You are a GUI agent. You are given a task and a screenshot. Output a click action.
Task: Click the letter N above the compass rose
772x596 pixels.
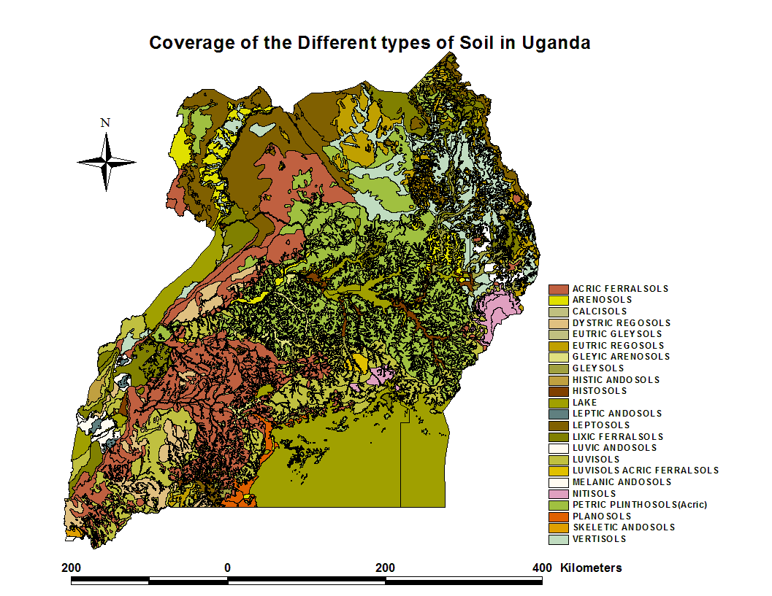(x=105, y=123)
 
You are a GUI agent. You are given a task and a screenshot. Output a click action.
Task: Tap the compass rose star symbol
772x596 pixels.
(x=107, y=162)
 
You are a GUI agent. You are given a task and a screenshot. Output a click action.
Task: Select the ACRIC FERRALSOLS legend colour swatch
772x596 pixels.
(x=559, y=289)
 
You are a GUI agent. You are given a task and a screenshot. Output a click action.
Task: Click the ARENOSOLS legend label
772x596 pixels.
(x=602, y=300)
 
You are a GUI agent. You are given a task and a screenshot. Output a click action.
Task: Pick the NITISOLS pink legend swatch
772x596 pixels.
(x=559, y=494)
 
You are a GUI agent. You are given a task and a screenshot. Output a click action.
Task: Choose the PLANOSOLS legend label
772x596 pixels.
(x=601, y=516)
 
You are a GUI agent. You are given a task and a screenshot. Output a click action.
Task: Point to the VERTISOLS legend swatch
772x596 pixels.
(x=559, y=539)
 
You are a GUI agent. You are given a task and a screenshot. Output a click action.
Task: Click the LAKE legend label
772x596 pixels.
(x=584, y=403)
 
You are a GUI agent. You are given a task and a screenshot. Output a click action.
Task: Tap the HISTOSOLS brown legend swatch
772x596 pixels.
(x=559, y=391)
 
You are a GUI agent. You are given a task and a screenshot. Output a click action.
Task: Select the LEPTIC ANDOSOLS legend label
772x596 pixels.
(x=616, y=414)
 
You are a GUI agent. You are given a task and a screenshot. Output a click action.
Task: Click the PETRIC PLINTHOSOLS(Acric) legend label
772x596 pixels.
(x=640, y=505)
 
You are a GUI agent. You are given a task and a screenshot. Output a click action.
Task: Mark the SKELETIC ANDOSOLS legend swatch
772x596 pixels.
(x=559, y=527)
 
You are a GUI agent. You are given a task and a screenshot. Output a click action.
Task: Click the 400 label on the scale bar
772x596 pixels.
(x=542, y=568)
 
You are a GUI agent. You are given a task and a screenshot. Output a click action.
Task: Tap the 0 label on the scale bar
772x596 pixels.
(x=227, y=568)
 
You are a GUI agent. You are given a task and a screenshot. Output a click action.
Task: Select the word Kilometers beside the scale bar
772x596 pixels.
(x=591, y=568)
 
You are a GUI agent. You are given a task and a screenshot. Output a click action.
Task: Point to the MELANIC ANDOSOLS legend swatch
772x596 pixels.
(x=559, y=482)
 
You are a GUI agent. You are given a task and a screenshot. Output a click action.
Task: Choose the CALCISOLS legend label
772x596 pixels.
(x=600, y=311)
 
